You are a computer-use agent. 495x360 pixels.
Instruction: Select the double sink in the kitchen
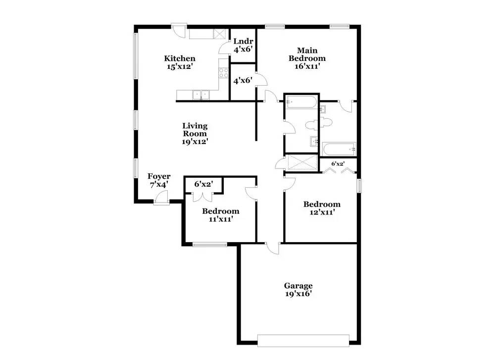click(x=201, y=94)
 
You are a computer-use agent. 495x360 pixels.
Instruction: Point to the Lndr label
click(x=243, y=42)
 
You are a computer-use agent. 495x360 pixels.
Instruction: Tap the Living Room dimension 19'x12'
click(x=195, y=141)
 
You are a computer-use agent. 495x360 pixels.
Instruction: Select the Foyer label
click(x=159, y=177)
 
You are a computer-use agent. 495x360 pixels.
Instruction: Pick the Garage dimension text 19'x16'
click(x=298, y=294)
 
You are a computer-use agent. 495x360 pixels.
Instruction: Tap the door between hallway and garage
click(x=272, y=248)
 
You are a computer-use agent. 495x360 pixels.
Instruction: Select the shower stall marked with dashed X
click(x=301, y=162)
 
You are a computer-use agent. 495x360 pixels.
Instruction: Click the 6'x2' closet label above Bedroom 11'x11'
click(x=203, y=184)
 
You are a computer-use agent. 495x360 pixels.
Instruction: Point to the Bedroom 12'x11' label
click(x=322, y=208)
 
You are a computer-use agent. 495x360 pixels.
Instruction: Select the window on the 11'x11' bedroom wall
click(x=209, y=244)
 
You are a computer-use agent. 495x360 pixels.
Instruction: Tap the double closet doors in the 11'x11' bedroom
click(x=203, y=195)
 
